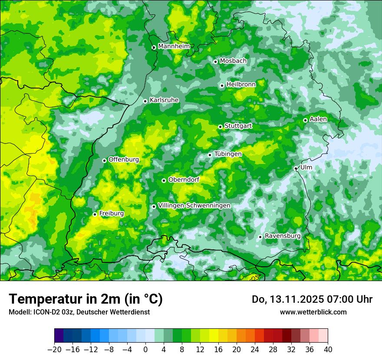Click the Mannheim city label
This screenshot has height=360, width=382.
click(x=174, y=46)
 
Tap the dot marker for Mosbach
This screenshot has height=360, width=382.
click(x=215, y=62)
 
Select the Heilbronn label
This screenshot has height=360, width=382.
click(x=241, y=84)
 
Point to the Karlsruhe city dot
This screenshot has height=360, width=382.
click(x=145, y=101)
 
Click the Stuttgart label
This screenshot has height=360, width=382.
click(x=238, y=126)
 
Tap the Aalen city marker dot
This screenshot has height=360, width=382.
click(x=305, y=120)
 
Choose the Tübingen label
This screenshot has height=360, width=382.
click(x=228, y=154)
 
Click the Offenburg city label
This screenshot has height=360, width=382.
click(x=124, y=160)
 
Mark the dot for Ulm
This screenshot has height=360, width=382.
click(x=296, y=168)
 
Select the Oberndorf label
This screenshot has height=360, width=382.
click(x=184, y=180)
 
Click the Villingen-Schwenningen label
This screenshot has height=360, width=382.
click(x=194, y=206)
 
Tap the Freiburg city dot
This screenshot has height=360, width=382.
click(x=95, y=214)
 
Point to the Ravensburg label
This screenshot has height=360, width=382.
click(x=283, y=236)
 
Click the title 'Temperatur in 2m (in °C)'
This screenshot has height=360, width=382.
click(x=86, y=299)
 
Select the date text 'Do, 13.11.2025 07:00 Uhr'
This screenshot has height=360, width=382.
click(x=312, y=299)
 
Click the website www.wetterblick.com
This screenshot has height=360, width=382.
click(x=313, y=312)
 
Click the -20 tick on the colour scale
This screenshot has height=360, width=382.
click(x=54, y=350)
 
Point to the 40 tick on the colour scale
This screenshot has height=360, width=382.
click(x=328, y=350)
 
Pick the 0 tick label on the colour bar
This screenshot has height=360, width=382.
click(x=145, y=350)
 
